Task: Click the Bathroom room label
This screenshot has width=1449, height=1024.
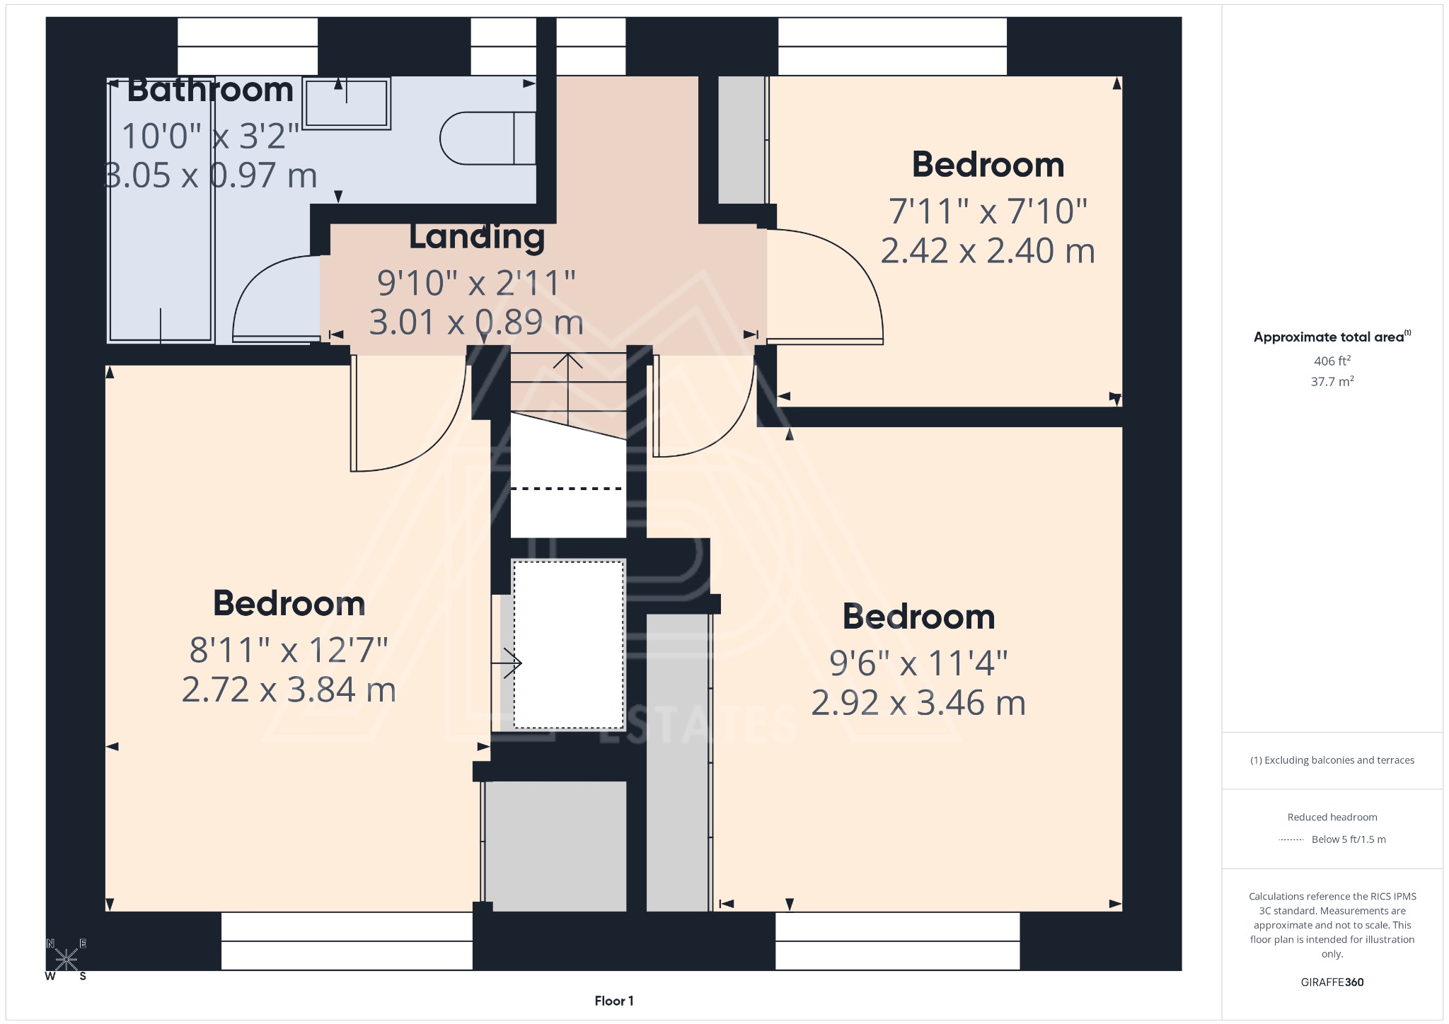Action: [x=210, y=91]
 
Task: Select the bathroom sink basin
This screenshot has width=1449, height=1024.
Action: [x=347, y=103]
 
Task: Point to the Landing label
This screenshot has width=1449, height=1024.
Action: [x=477, y=237]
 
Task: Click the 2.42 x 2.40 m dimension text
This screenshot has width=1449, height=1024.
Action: [x=988, y=251]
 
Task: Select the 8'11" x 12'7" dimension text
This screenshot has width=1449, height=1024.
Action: [x=289, y=650]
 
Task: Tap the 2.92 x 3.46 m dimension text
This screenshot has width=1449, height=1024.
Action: [x=918, y=703]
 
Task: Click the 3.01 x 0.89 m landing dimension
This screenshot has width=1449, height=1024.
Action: [x=476, y=322]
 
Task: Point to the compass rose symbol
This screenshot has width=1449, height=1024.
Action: [x=67, y=960]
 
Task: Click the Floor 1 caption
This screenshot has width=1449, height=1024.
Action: [x=613, y=1001]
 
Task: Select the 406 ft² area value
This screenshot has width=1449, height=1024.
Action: [x=1332, y=361]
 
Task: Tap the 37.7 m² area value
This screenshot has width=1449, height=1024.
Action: [x=1332, y=382]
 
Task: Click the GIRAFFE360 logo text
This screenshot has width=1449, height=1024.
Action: [x=1332, y=982]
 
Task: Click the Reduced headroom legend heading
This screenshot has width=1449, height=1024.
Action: [x=1332, y=817]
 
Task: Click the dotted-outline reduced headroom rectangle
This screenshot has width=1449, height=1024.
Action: [x=568, y=644]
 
